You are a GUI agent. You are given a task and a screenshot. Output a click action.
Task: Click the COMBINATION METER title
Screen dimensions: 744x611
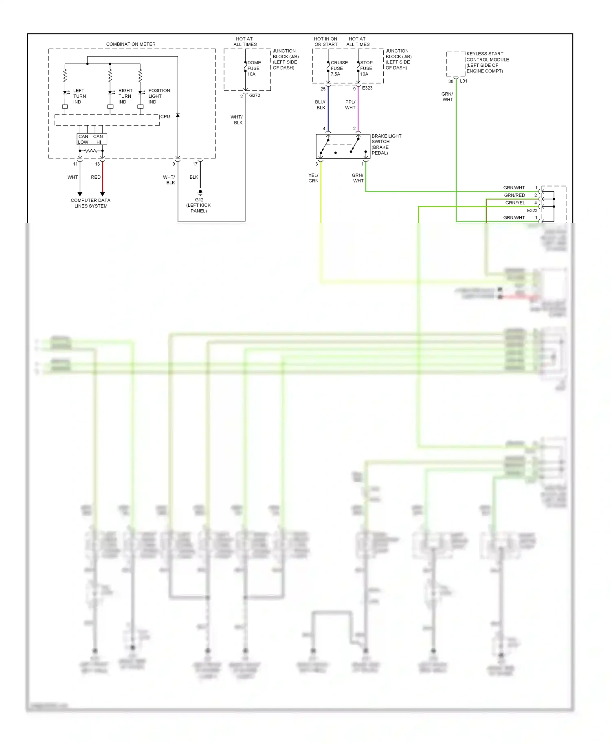(130, 44)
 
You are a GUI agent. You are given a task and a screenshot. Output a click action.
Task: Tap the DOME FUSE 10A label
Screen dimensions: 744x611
(254, 68)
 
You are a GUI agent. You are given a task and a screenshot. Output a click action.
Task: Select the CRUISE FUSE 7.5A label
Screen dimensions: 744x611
(339, 68)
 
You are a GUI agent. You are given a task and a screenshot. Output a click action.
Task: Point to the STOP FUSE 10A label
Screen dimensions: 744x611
(366, 68)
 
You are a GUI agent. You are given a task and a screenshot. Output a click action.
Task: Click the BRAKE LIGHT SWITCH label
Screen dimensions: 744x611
(386, 144)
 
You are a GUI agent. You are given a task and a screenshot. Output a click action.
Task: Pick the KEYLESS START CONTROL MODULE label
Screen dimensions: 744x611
(487, 62)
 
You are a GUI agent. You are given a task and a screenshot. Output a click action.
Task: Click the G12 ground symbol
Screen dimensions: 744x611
(200, 192)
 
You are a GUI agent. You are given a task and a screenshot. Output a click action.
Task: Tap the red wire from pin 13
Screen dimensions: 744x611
(103, 177)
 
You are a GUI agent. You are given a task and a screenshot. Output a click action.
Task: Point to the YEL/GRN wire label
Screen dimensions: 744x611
(313, 178)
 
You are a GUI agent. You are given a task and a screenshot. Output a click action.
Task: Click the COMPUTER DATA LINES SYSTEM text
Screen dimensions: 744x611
(90, 203)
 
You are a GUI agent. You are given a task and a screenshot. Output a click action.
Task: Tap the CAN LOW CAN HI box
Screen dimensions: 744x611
(92, 139)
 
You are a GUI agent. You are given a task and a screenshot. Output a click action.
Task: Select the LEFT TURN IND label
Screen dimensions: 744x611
(79, 96)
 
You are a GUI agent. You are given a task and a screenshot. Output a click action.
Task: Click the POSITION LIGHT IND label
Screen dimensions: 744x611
(158, 96)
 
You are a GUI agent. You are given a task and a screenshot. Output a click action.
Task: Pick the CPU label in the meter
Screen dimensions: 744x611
(165, 117)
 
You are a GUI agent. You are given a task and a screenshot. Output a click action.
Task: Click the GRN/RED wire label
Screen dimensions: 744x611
(514, 195)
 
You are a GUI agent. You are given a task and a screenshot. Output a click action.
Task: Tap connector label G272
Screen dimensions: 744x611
(255, 96)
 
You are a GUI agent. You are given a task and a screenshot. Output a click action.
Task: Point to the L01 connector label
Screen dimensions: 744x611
(464, 81)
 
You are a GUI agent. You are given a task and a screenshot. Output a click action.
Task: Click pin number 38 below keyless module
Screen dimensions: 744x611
(451, 81)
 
